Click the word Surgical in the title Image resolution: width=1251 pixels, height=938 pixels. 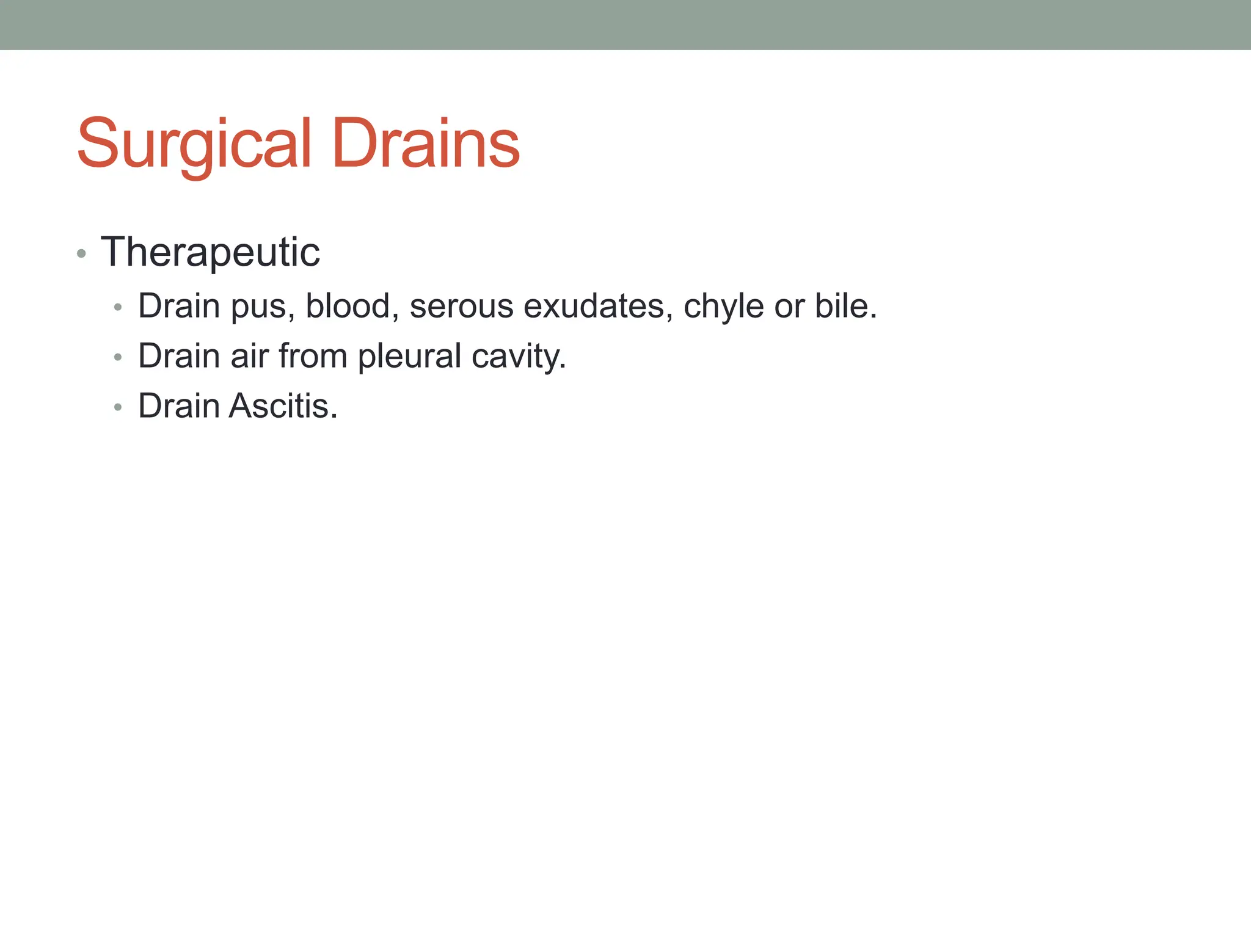pyautogui.click(x=194, y=144)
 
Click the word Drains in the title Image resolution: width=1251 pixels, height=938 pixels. pyautogui.click(x=426, y=144)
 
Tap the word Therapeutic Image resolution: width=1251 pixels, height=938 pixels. pyautogui.click(x=210, y=252)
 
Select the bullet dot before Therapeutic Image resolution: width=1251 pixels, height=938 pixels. pyautogui.click(x=82, y=253)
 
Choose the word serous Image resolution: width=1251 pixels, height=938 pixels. pyautogui.click(x=461, y=306)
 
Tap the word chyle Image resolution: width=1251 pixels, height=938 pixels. pyautogui.click(x=723, y=306)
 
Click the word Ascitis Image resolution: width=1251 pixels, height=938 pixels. pyautogui.click(x=283, y=406)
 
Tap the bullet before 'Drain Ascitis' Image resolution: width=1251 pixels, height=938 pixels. pyautogui.click(x=118, y=407)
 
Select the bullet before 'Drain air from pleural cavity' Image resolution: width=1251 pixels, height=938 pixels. pyautogui.click(x=118, y=357)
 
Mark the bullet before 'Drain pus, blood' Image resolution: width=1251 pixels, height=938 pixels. pyautogui.click(x=118, y=307)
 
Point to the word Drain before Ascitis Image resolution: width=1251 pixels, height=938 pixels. pyautogui.click(x=179, y=406)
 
